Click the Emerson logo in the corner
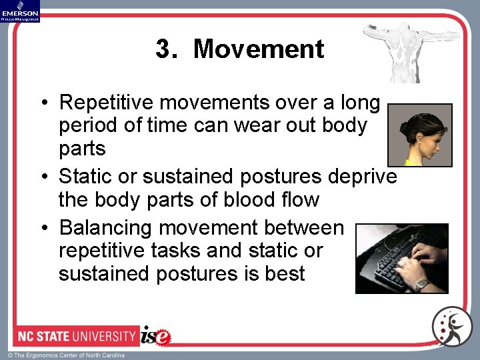click(x=20, y=11)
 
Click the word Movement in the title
click(x=259, y=49)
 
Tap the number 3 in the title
click(x=163, y=49)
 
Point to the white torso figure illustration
click(x=399, y=51)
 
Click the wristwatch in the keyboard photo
click(x=421, y=284)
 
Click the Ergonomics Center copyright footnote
click(x=66, y=355)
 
